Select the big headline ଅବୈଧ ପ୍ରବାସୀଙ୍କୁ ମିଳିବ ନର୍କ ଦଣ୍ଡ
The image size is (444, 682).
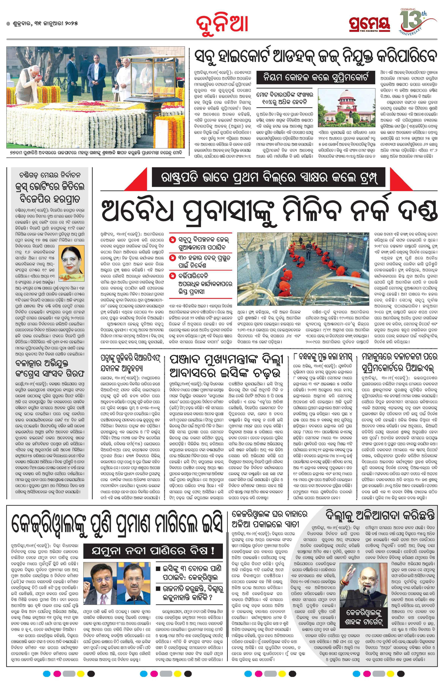269,212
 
